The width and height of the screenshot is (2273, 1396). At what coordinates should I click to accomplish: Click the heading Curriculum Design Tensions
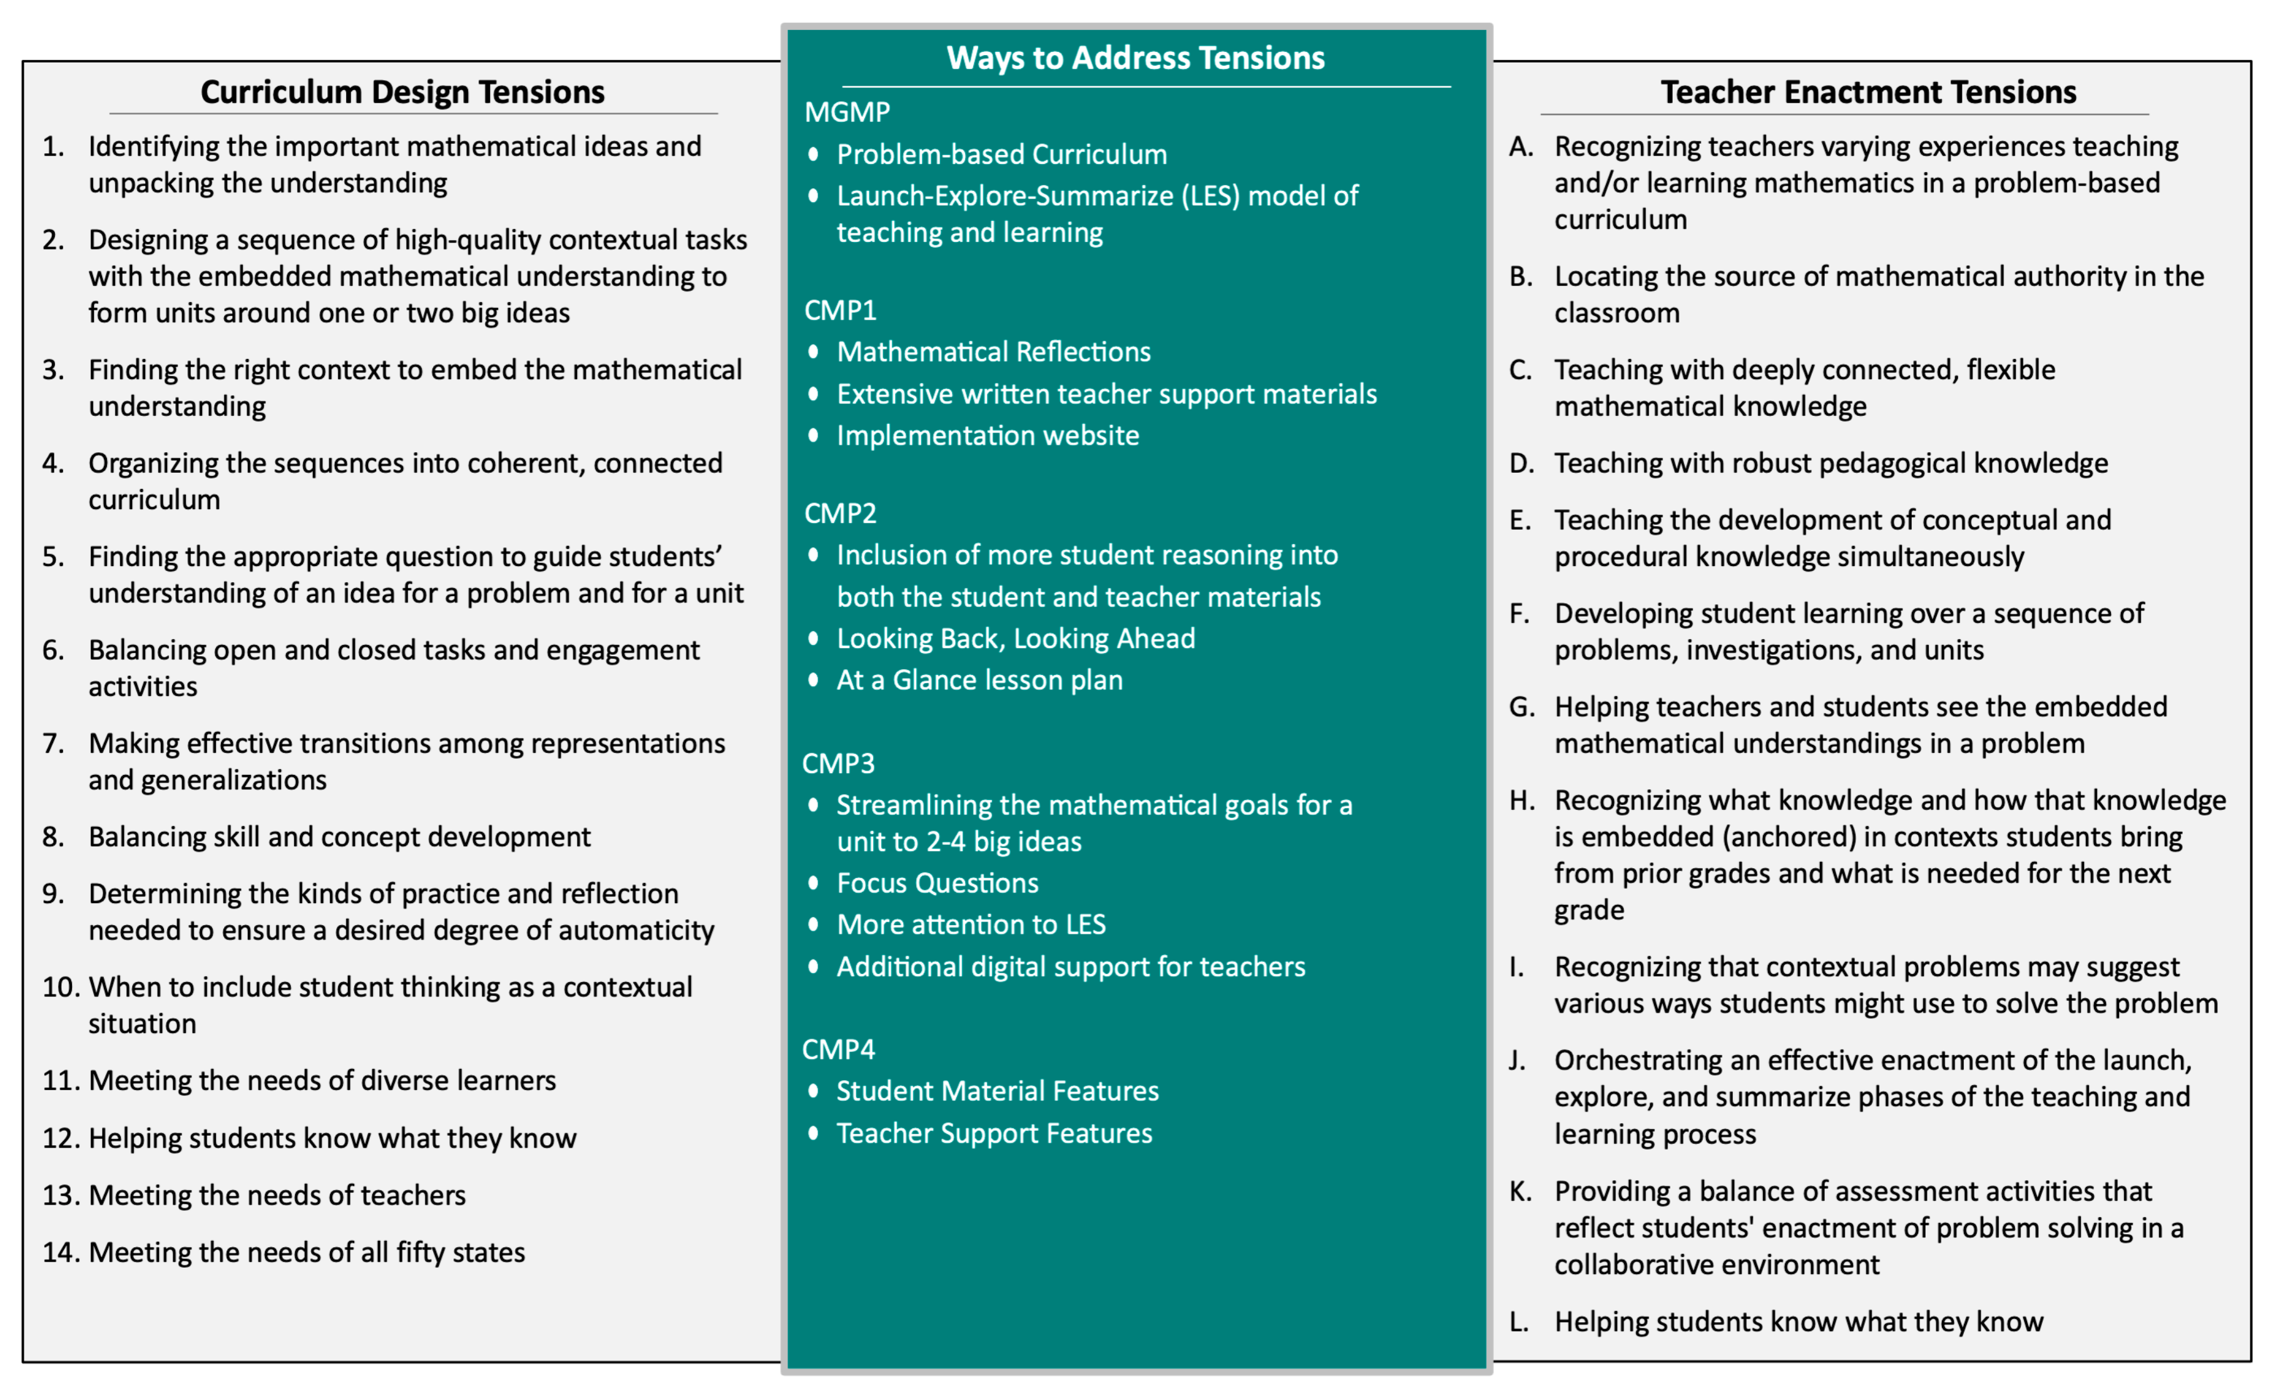tap(402, 93)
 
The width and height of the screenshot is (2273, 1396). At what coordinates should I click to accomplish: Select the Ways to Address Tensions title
tap(1135, 58)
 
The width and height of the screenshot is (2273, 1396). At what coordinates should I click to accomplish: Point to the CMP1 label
tap(840, 310)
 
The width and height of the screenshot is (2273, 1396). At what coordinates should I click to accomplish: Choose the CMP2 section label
tap(840, 513)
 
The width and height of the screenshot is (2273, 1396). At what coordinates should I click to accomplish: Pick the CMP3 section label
tap(838, 764)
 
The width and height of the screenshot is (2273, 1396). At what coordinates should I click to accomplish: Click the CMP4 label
tap(838, 1050)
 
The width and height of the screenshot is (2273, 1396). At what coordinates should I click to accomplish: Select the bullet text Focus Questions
tap(937, 884)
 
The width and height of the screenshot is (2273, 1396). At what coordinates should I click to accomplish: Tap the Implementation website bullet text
tap(988, 436)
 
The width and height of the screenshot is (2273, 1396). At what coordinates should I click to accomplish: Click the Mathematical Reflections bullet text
tap(993, 352)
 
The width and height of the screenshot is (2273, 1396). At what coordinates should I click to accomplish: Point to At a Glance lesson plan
tap(979, 680)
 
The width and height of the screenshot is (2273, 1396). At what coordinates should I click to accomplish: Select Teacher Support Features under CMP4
tap(994, 1134)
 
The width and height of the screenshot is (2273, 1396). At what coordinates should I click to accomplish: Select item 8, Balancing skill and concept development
tap(339, 837)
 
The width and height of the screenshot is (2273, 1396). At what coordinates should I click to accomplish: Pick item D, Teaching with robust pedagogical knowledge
tap(1831, 463)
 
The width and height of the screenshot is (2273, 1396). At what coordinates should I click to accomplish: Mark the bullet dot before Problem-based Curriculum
tap(813, 154)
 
